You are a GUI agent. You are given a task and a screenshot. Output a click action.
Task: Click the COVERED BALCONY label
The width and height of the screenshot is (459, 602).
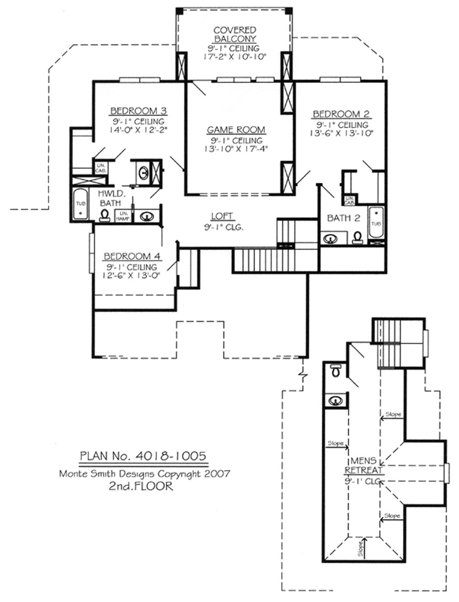tap(235, 35)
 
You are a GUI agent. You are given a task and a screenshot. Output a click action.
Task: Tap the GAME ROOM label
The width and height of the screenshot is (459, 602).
tap(235, 130)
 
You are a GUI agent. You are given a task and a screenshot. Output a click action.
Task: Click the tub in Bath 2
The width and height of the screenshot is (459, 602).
tap(375, 223)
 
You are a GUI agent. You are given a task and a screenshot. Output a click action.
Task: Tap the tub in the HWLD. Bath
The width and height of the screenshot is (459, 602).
tap(80, 205)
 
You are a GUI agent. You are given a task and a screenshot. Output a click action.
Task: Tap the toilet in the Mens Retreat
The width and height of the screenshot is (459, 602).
tap(335, 371)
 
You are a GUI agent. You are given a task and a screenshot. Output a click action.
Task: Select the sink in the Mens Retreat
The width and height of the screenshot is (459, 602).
tap(335, 400)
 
